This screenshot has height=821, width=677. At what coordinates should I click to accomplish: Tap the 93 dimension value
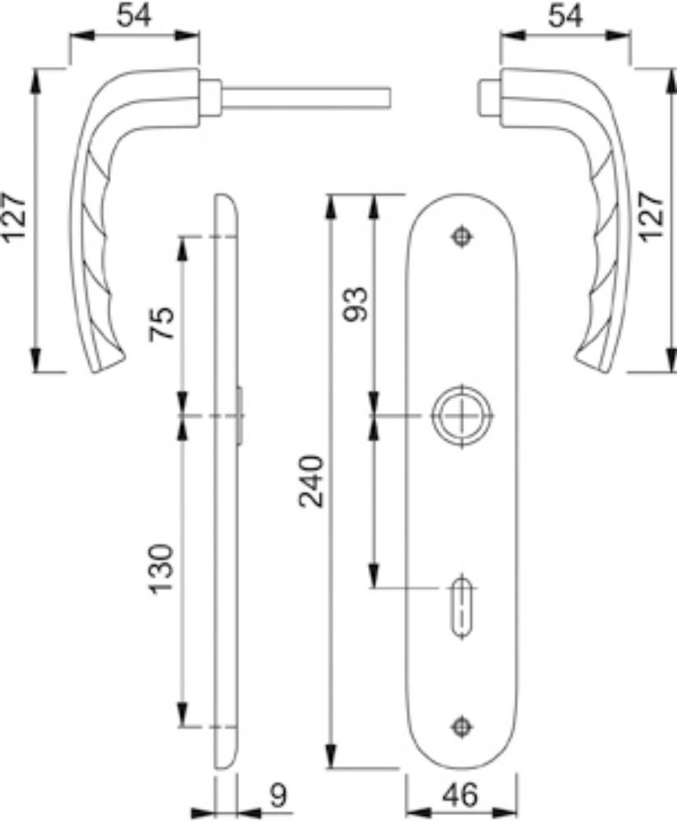(355, 305)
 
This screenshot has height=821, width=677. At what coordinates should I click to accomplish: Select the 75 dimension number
(161, 323)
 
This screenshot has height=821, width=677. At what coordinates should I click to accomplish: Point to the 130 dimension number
(161, 569)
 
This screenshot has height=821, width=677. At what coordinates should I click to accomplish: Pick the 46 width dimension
(461, 796)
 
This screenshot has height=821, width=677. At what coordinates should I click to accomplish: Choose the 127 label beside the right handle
(652, 217)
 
